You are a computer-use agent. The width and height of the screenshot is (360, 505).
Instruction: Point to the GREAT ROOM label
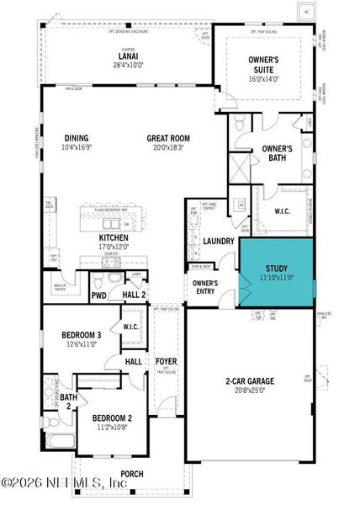point(167,139)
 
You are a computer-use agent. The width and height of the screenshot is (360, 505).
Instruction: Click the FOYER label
point(167,362)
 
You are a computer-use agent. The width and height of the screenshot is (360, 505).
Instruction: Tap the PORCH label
point(132,474)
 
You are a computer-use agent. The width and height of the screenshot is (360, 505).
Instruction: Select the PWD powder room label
point(99,295)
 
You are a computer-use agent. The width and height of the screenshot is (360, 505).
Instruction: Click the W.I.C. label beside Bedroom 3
point(130,327)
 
